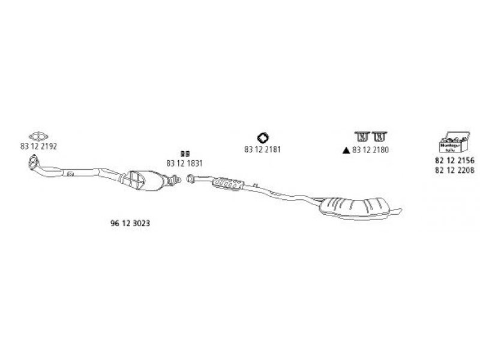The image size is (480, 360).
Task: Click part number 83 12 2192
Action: pyautogui.click(x=38, y=147)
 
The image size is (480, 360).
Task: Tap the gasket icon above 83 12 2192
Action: pyautogui.click(x=38, y=136)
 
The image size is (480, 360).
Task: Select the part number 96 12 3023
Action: pyautogui.click(x=130, y=223)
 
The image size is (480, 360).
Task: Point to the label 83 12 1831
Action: pyautogui.click(x=185, y=163)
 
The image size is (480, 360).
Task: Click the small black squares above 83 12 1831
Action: pyautogui.click(x=185, y=154)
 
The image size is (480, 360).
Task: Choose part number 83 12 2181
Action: pyautogui.click(x=263, y=149)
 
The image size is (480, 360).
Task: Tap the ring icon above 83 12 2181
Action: pyautogui.click(x=263, y=137)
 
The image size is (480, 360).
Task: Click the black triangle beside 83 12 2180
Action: pyautogui.click(x=346, y=150)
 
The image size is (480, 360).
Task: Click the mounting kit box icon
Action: pyautogui.click(x=454, y=142)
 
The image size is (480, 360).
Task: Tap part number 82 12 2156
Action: pyautogui.click(x=454, y=160)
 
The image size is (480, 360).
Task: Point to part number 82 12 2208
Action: pyautogui.click(x=454, y=170)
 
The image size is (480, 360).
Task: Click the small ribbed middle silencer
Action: pyautogui.click(x=227, y=182)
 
